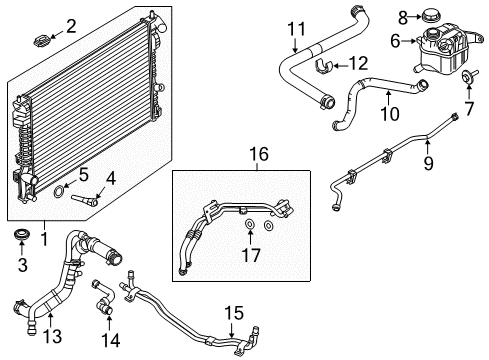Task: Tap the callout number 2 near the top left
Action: pos(71,24)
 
